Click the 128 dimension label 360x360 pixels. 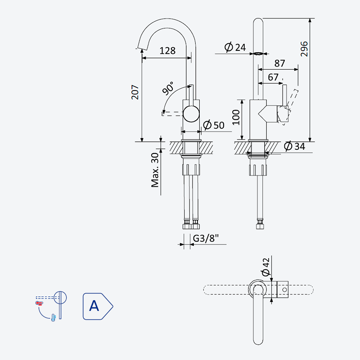[167, 51]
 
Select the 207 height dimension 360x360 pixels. [135, 92]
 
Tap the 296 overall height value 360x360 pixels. [304, 49]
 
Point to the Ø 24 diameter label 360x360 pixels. [235, 47]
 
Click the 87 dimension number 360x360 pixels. [279, 63]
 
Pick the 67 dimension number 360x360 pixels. [273, 77]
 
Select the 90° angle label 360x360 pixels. [168, 88]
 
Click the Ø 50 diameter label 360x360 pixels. [214, 125]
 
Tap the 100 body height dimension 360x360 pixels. [236, 117]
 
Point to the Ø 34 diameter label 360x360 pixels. [295, 146]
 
